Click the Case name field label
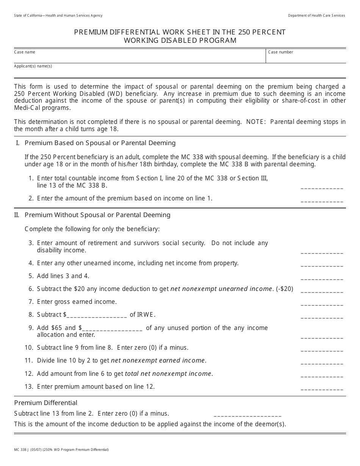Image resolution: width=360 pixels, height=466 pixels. tap(25, 52)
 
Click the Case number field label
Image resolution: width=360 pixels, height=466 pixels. tap(280, 52)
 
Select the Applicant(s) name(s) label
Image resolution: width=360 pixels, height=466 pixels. tap(33, 66)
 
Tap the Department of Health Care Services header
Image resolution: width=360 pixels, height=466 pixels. tap(316, 16)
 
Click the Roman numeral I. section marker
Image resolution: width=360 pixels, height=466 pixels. tap(17, 143)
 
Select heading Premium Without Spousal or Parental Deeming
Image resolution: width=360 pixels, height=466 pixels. tap(97, 215)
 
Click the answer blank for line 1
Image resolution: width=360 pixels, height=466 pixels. tap(322, 187)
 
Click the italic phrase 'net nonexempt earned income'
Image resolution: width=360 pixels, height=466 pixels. tap(158, 361)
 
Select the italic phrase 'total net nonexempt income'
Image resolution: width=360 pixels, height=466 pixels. tap(168, 374)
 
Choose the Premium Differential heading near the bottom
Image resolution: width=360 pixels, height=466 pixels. tap(45, 403)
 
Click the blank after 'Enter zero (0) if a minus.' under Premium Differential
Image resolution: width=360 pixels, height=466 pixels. tap(247, 415)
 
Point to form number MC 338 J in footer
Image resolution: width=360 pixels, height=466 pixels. tap(21, 450)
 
